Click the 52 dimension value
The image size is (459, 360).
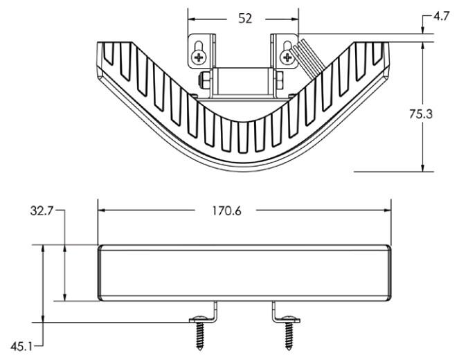pyautogui.click(x=245, y=19)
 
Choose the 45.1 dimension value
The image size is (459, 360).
pyautogui.click(x=21, y=344)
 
